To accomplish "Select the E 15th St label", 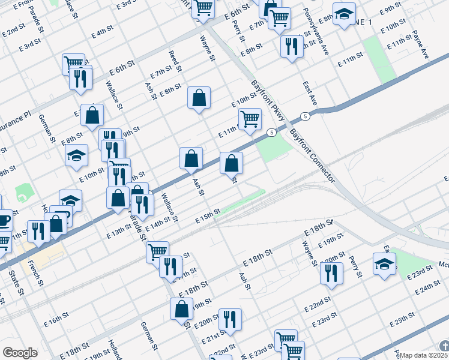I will [x=209, y=216].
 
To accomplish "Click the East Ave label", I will [x=310, y=94].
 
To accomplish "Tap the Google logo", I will [x=20, y=353].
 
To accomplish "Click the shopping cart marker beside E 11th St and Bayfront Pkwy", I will [x=250, y=118].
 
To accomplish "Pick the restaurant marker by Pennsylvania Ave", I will [x=292, y=46].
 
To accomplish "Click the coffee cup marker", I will [x=3, y=220].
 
